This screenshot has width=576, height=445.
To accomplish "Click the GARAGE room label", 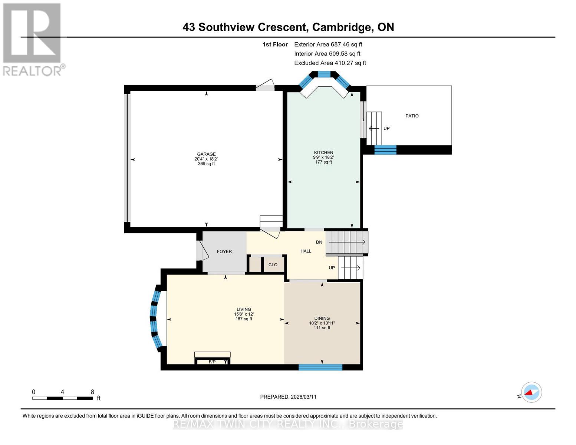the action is tap(206, 154).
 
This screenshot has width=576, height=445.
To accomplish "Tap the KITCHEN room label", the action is tap(323, 152).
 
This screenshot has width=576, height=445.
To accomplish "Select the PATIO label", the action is tap(412, 116).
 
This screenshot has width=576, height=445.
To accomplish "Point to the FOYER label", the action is tap(224, 251).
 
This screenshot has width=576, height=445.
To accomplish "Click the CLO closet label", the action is tap(273, 265).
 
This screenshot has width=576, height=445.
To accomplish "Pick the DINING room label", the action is tap(322, 318).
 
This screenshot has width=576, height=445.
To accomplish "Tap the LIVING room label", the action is tap(244, 309).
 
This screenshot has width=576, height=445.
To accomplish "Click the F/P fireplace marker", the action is tap(212, 362).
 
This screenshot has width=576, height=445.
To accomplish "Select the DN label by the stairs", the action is tap(319, 242).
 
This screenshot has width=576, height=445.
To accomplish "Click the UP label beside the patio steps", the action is tap(386, 129).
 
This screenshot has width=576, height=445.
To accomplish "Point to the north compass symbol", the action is tap(531, 392).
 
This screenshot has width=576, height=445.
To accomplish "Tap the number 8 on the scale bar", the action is tap(92, 392).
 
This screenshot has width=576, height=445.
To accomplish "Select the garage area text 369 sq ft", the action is tap(206, 164).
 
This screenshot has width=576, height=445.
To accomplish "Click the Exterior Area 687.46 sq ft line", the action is tap(328, 44).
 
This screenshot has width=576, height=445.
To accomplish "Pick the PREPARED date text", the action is tap(288, 397).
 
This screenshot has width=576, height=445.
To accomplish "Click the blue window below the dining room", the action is tap(320, 367).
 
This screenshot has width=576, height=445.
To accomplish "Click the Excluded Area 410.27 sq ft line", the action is tap(330, 63).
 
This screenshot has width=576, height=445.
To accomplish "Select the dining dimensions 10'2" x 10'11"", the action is tap(322, 323).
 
